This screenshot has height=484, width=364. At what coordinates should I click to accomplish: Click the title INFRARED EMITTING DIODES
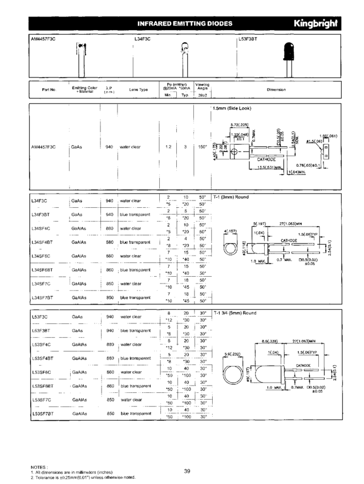click(185, 23)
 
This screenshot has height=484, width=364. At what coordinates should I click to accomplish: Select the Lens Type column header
click(138, 89)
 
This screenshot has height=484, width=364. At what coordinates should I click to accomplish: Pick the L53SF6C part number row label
click(42, 372)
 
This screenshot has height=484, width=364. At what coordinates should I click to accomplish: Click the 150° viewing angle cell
click(202, 147)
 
